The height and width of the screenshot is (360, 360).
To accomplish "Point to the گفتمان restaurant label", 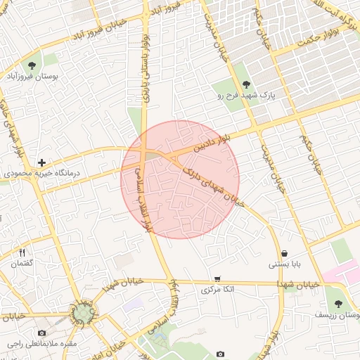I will [x=22, y=263].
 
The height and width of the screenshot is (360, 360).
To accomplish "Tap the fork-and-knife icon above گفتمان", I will [x=22, y=253].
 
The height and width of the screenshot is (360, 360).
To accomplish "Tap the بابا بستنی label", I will [x=284, y=264].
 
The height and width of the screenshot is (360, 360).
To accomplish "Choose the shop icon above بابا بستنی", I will [x=284, y=254].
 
